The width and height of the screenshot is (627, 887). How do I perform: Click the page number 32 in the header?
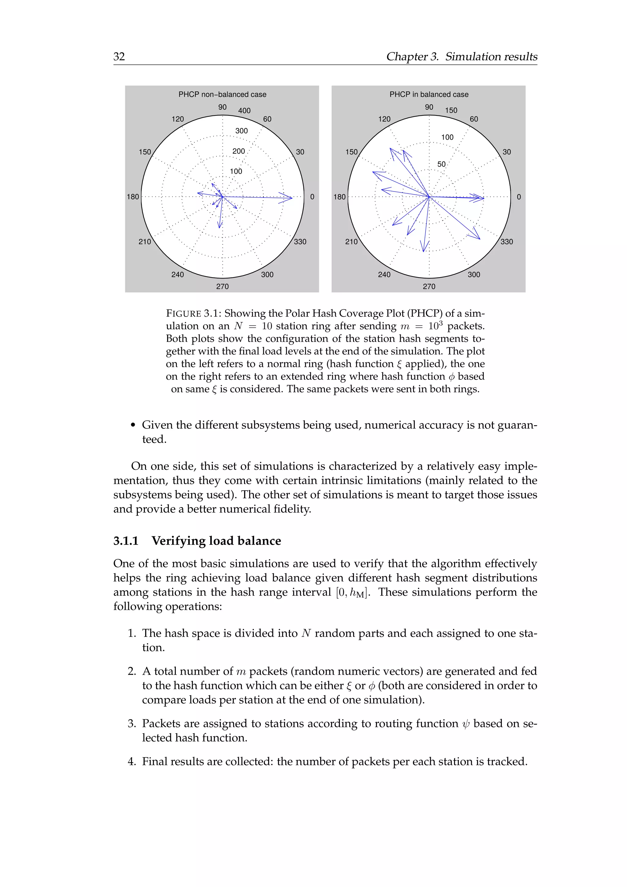point(119,56)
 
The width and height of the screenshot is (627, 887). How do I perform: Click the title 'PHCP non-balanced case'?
point(222,94)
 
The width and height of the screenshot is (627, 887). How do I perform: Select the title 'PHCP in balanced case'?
point(429,94)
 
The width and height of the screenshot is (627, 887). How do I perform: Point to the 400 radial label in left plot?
point(244,111)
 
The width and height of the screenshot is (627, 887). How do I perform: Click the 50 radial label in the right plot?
point(441,164)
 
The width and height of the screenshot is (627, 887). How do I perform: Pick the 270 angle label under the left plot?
point(222,286)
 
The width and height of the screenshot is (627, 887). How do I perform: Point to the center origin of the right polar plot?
point(429,197)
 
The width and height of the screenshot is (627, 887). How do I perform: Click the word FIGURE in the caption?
point(183,313)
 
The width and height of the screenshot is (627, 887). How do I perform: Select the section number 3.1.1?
point(126,541)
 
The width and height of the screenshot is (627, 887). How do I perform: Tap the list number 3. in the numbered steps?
point(132,723)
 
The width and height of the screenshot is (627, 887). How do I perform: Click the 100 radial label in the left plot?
point(236,171)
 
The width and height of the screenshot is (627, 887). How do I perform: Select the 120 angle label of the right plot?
point(384,119)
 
